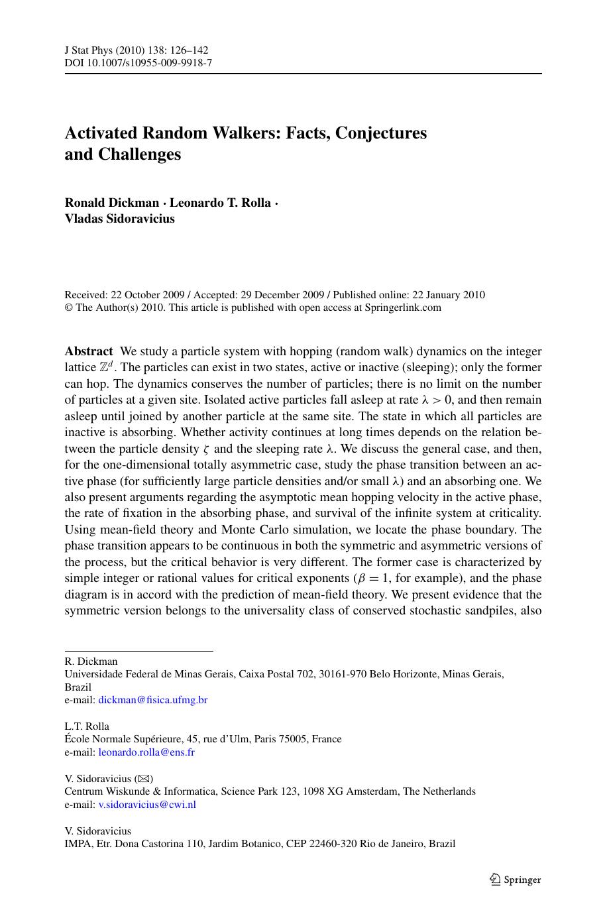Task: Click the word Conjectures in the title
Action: (x=381, y=133)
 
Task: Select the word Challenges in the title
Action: (x=139, y=154)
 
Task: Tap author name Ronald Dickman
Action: (x=111, y=203)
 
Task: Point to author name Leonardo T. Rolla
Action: (x=220, y=203)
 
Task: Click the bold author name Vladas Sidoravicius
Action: (x=120, y=219)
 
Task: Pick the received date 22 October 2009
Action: (x=144, y=295)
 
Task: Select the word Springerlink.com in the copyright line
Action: (x=403, y=308)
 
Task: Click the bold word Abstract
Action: (x=89, y=351)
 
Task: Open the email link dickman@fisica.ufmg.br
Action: (x=152, y=700)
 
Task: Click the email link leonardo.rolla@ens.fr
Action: (x=146, y=752)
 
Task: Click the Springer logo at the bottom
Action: (x=515, y=880)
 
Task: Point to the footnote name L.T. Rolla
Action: (x=87, y=726)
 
